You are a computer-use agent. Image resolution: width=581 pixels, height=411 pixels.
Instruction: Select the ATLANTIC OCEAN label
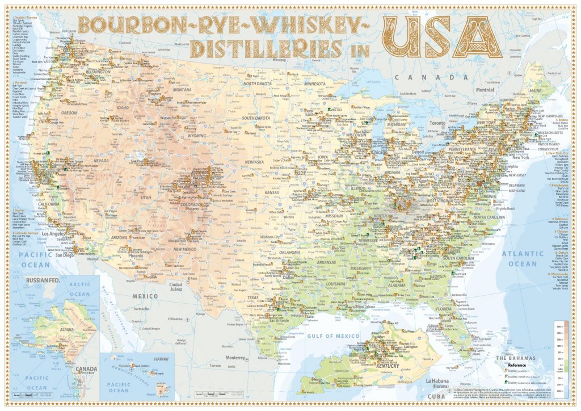coord(522,259)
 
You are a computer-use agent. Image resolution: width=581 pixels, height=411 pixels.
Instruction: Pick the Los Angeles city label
coord(55,233)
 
